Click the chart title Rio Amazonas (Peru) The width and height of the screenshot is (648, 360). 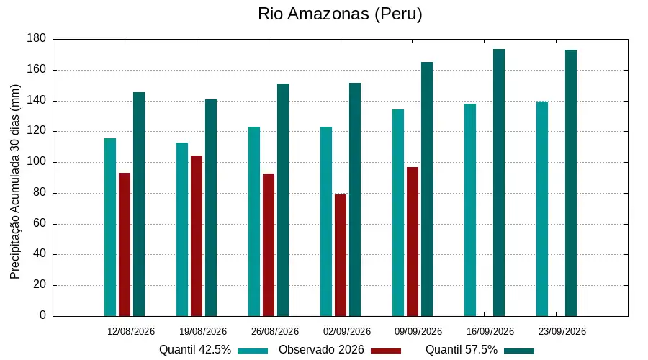point(340,14)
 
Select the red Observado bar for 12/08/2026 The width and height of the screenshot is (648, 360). point(125,244)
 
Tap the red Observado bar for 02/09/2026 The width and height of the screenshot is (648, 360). point(341,255)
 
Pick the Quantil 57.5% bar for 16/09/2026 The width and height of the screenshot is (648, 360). point(499,183)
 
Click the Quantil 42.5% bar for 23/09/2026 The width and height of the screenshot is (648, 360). point(542,209)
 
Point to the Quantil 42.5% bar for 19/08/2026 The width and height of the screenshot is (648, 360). point(182,230)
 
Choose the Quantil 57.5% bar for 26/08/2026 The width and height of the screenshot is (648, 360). point(283,199)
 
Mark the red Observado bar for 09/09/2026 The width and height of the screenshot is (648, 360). point(413,241)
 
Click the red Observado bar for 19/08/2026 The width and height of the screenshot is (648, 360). point(197,235)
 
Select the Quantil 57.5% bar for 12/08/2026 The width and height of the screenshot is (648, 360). point(139,204)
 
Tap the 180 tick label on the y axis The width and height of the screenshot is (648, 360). point(37,38)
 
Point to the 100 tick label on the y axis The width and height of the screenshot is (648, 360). point(37,161)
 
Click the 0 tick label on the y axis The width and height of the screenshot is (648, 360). point(42,315)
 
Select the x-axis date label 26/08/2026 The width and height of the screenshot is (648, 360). point(275,331)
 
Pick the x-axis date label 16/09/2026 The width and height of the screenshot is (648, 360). point(490,331)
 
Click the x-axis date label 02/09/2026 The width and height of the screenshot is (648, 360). point(347,331)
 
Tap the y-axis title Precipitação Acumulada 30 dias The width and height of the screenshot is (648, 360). point(15,182)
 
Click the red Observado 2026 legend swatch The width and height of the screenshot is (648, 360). point(386,351)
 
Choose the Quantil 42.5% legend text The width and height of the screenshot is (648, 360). point(195,350)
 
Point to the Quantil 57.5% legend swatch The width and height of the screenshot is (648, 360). point(519,351)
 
